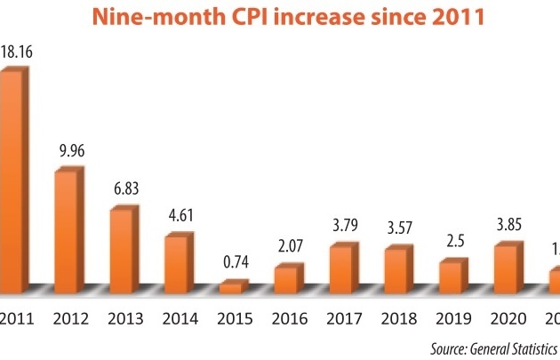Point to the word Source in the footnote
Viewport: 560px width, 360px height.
pyautogui.click(x=449, y=348)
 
